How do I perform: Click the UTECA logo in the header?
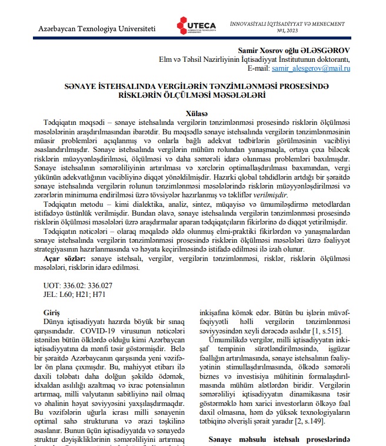pos(196,25)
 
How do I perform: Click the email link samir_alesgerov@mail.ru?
pos(312,69)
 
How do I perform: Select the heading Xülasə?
pos(192,113)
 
